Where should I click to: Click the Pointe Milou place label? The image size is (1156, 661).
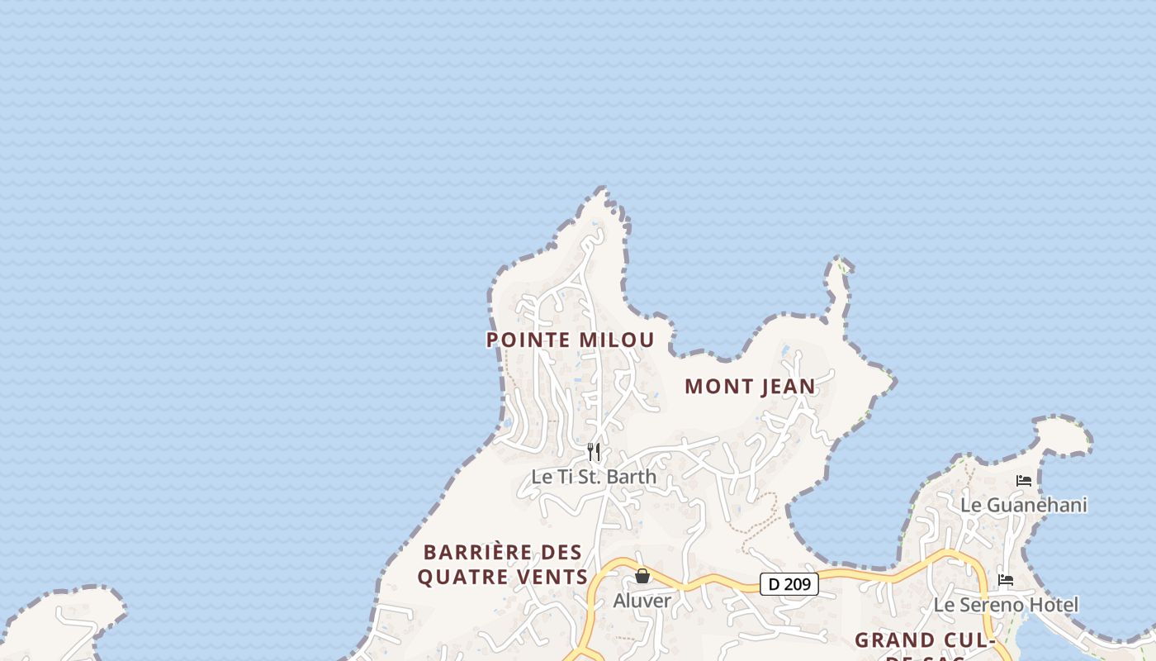570,340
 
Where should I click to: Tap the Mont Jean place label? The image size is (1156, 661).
750,386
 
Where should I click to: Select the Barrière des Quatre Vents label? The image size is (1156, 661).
502,564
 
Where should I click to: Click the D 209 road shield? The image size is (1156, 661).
789,584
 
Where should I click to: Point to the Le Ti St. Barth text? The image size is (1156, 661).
594,477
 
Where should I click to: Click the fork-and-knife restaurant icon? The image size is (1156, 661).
594,452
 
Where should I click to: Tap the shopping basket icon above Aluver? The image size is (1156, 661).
642,576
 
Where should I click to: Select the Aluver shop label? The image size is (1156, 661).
642,601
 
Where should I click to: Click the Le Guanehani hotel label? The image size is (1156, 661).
1024,504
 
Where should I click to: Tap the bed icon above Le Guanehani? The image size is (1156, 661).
1024,480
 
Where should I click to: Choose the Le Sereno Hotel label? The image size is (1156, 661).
1006,605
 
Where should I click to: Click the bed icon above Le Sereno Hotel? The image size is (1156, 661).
1006,580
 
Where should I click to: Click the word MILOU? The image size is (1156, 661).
616,340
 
